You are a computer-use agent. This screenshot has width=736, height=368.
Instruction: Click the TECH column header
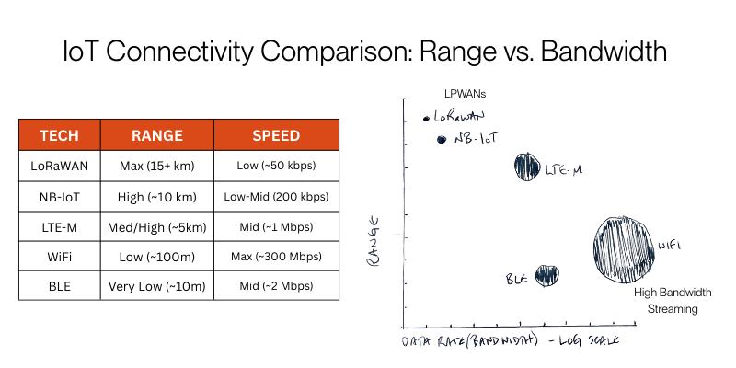click(59, 135)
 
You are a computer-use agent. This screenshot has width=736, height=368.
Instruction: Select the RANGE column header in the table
click(157, 135)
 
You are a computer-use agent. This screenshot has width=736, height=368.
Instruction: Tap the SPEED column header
click(276, 135)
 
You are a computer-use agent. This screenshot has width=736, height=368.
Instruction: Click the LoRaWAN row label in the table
click(59, 166)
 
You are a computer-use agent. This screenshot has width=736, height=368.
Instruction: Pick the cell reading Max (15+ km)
click(157, 166)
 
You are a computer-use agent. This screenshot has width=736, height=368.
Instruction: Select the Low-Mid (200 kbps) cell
click(276, 196)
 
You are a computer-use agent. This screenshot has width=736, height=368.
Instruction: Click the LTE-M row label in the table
click(59, 226)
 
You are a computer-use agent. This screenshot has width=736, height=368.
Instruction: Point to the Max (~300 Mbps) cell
click(276, 257)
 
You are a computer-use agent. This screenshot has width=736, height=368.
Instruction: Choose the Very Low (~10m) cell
click(157, 287)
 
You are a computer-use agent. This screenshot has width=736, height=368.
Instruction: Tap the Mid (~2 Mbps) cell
click(276, 287)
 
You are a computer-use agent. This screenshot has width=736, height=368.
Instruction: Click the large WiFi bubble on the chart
click(623, 246)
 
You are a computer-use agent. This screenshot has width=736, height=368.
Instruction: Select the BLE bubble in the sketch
click(547, 274)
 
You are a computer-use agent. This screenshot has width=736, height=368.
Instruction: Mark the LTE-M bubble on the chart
click(527, 167)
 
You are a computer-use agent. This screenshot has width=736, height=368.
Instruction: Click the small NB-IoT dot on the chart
click(442, 140)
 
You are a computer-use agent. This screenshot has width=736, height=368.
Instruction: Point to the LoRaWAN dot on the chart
click(426, 118)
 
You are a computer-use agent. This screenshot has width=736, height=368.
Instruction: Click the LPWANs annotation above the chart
click(456, 94)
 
